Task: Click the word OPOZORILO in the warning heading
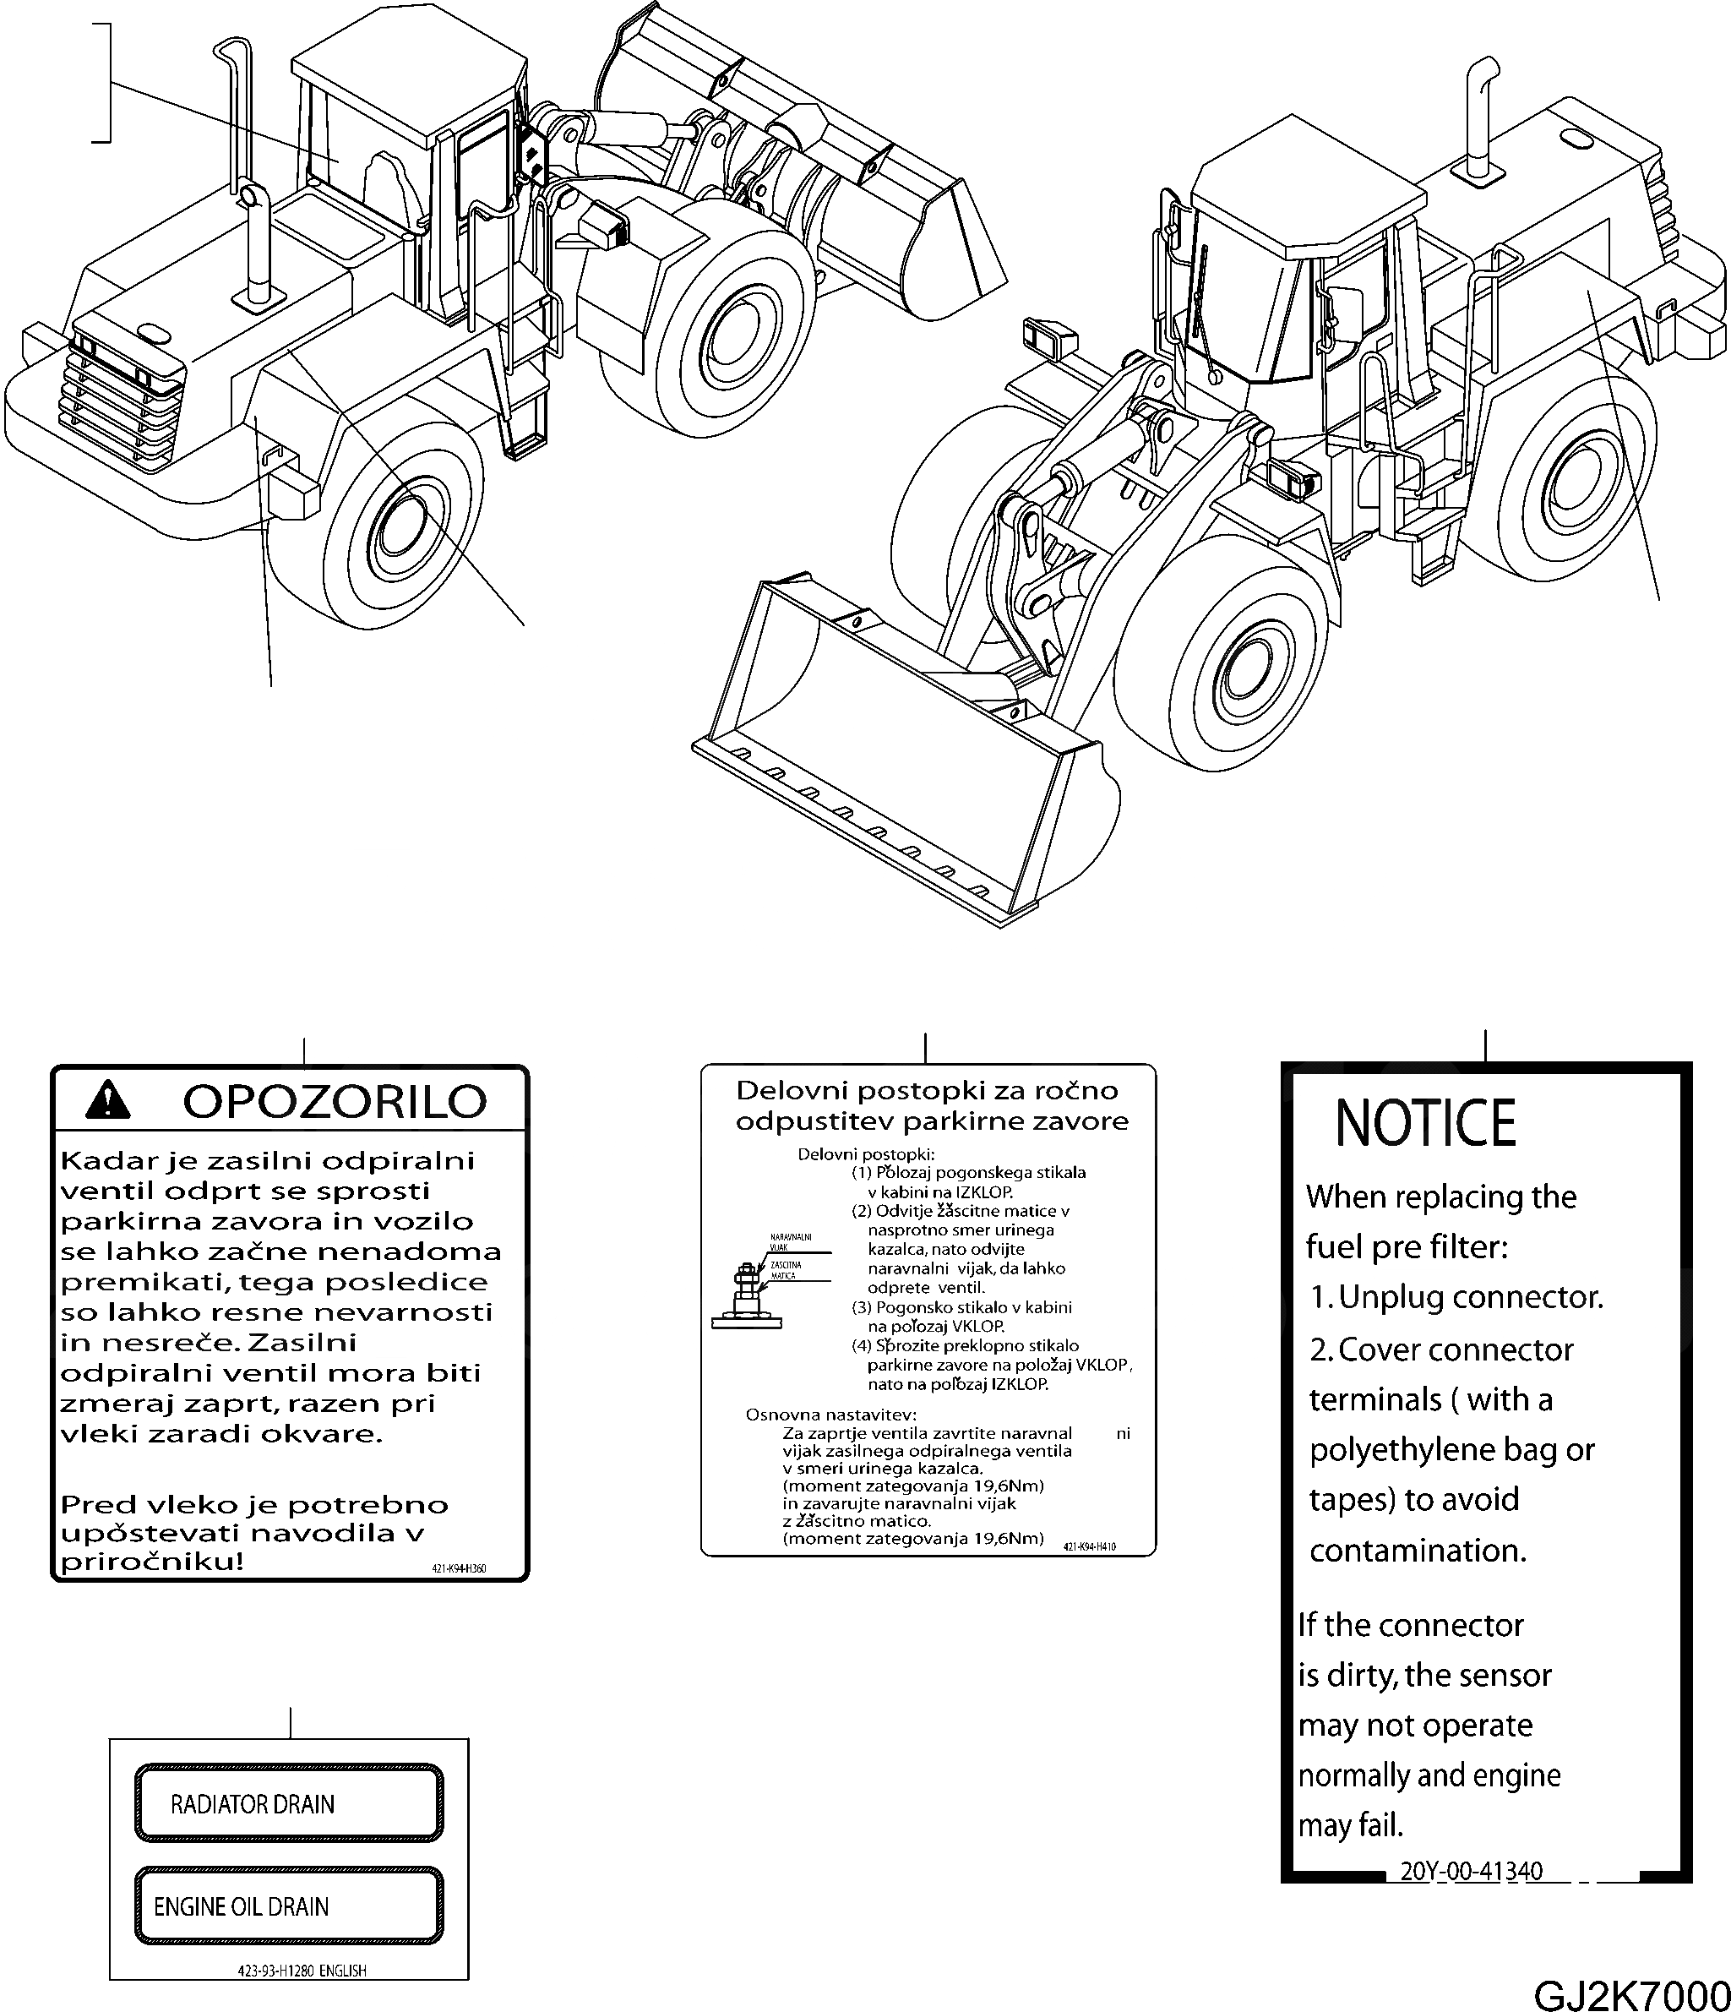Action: coord(334,1101)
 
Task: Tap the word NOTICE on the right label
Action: coord(1424,1124)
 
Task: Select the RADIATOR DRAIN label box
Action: coord(289,1804)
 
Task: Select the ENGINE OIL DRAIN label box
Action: coord(289,1906)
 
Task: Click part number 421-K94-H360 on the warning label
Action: coord(458,1567)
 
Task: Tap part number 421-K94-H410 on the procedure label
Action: coord(1089,1546)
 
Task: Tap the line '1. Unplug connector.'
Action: coord(1456,1297)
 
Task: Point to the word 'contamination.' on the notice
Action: coord(1418,1551)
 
